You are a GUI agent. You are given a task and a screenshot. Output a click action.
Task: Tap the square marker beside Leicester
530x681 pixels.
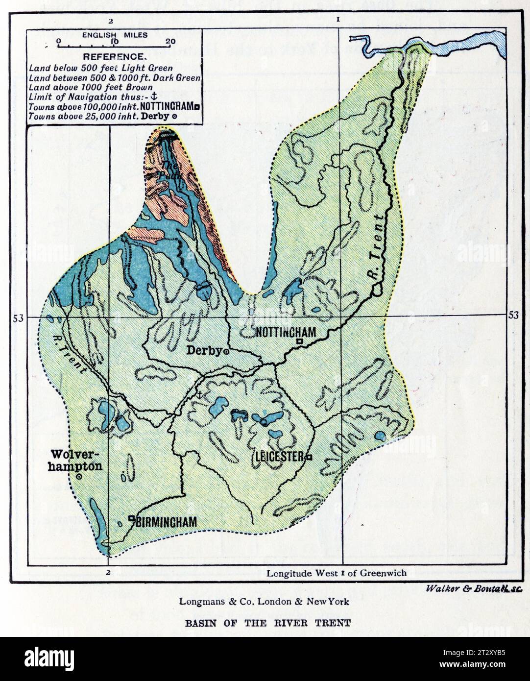(x=309, y=457)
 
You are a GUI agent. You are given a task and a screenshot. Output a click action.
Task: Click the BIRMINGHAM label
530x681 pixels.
(x=166, y=522)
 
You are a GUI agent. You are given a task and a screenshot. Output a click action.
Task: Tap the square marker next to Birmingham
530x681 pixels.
(x=131, y=518)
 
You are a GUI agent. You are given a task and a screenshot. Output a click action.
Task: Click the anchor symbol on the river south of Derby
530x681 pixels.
(x=199, y=394)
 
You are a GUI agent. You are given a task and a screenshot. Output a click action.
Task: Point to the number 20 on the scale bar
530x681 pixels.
(x=170, y=42)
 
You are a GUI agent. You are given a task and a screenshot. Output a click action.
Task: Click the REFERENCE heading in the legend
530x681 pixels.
(x=113, y=56)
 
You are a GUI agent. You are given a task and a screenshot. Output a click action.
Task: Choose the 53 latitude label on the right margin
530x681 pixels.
(x=513, y=315)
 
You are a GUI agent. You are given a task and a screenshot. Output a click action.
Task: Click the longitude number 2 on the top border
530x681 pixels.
(x=111, y=21)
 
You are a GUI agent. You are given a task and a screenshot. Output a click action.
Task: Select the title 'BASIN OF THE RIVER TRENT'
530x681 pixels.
(x=267, y=624)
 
